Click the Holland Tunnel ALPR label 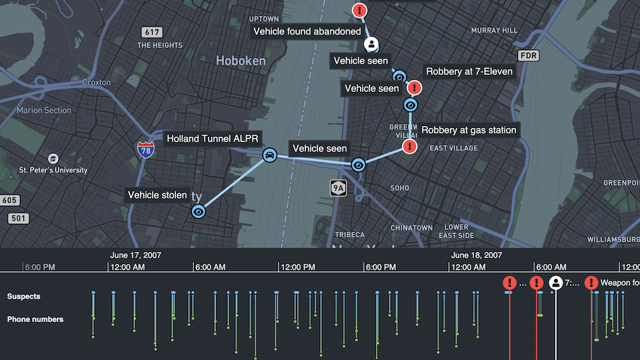(x=213, y=139)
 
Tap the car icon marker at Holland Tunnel (x=269, y=156)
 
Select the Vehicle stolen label (x=157, y=195)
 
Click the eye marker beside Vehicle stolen (x=198, y=211)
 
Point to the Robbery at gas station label (x=469, y=130)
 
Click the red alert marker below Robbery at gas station (x=410, y=147)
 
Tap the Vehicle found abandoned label (x=307, y=31)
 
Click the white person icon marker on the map (x=371, y=45)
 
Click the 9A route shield (x=339, y=189)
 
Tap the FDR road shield (x=529, y=55)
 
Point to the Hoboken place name (x=241, y=61)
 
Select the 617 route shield (x=152, y=32)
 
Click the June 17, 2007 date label (x=135, y=255)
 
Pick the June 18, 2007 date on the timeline (x=477, y=255)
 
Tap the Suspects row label (x=24, y=296)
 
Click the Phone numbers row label (x=35, y=319)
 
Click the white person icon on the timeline (x=556, y=283)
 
